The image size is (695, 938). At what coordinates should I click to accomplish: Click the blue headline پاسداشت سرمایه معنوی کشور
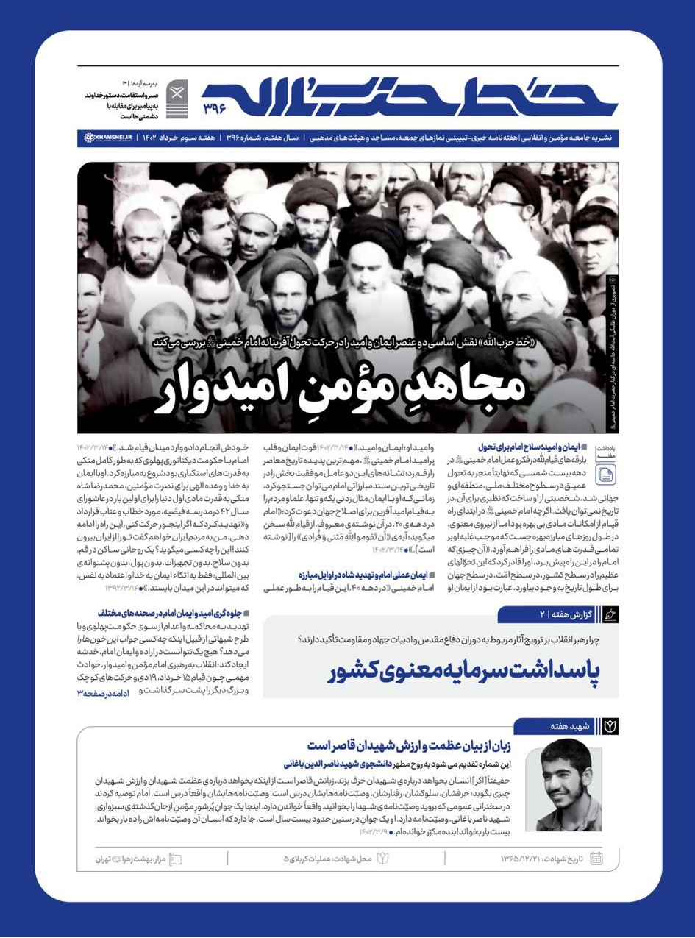click(x=463, y=672)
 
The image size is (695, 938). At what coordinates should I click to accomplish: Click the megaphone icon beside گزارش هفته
click(x=610, y=614)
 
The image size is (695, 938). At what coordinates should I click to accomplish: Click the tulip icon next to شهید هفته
click(x=610, y=726)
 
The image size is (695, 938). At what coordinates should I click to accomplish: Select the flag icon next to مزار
click(x=175, y=859)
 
